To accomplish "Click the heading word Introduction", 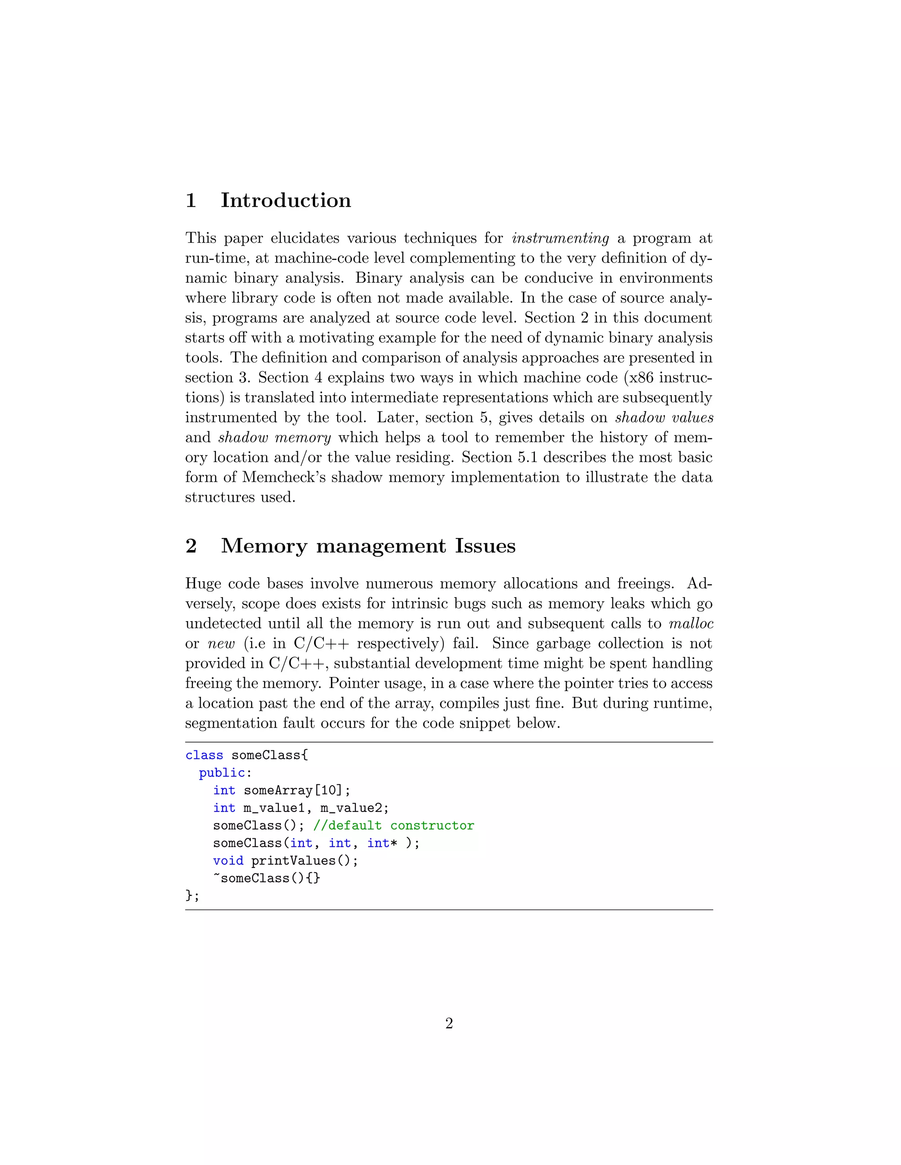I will click(286, 200).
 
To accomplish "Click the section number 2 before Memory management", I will click(191, 546).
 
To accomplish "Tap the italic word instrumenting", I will click(560, 238).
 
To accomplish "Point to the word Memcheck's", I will click(283, 477).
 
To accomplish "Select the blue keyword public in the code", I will click(222, 773).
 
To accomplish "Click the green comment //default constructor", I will click(393, 826).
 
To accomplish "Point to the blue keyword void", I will click(228, 861).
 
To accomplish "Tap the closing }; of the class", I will click(192, 896).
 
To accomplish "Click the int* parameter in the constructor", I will click(381, 843).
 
